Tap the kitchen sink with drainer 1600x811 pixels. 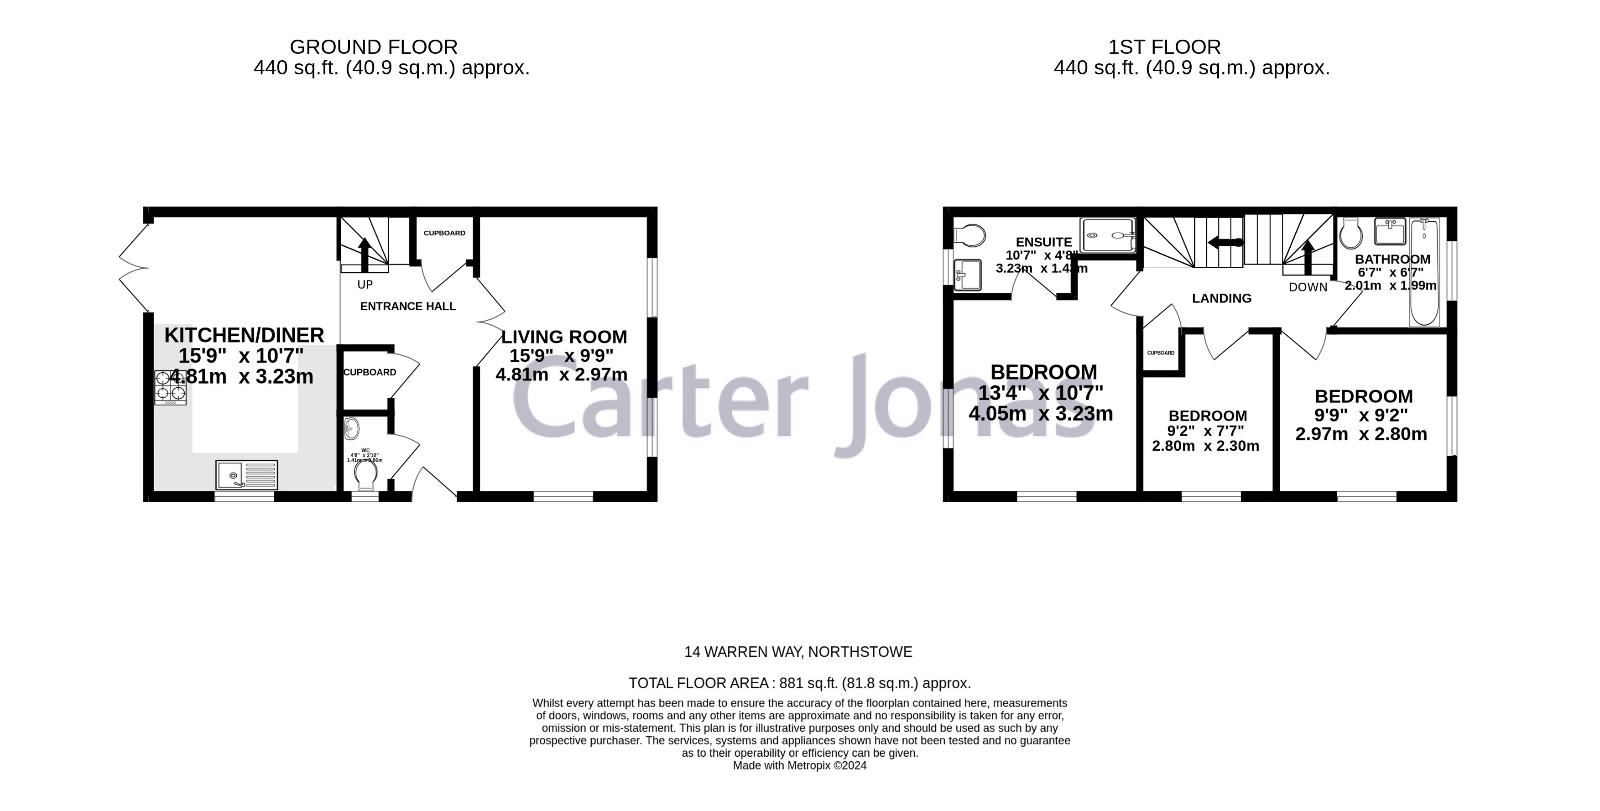[x=246, y=475]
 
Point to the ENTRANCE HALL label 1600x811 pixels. [x=408, y=306]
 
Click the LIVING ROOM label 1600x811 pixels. [x=564, y=337]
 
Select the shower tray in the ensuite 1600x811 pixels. [x=1108, y=235]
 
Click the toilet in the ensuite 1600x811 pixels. [x=969, y=235]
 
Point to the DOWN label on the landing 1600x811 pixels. [x=1308, y=287]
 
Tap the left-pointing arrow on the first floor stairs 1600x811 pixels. [x=1225, y=243]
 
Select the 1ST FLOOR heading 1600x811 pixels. [x=1165, y=47]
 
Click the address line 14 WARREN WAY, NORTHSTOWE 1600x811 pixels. [x=798, y=652]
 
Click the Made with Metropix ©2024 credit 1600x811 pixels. [x=799, y=766]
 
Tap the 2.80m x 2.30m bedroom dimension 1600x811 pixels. [x=1206, y=446]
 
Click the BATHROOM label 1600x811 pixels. [x=1392, y=260]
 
